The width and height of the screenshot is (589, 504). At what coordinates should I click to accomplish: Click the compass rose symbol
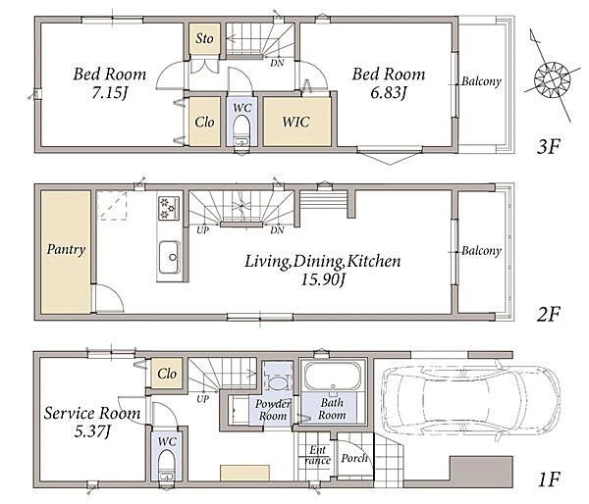tap(552, 80)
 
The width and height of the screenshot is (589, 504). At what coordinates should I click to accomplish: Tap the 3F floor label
tap(548, 146)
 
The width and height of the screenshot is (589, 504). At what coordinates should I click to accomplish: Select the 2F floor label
tap(548, 314)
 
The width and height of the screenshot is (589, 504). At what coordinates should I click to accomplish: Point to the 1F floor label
tap(549, 479)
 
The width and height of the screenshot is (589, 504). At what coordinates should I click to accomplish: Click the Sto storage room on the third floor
tap(204, 38)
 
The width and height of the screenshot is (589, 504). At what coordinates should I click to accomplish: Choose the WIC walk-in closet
tap(296, 122)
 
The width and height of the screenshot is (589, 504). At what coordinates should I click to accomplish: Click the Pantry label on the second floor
tap(66, 250)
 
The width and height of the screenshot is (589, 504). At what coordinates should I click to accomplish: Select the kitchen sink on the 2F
tap(170, 258)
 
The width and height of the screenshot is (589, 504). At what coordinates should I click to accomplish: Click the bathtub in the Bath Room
tap(332, 376)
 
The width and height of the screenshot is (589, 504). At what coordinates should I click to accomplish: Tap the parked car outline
tap(471, 402)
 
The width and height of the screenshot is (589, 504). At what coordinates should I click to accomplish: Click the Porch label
tap(354, 458)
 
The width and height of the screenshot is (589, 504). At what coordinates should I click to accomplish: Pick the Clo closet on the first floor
tap(167, 373)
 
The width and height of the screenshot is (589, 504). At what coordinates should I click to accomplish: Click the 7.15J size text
tap(109, 93)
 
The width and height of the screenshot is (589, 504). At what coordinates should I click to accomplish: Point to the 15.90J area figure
tap(323, 279)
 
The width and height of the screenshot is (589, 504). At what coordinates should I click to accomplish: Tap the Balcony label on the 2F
tap(481, 251)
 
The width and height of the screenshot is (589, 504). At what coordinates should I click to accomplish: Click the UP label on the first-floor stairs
tap(203, 398)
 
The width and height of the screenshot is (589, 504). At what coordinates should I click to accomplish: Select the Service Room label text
tap(92, 413)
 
